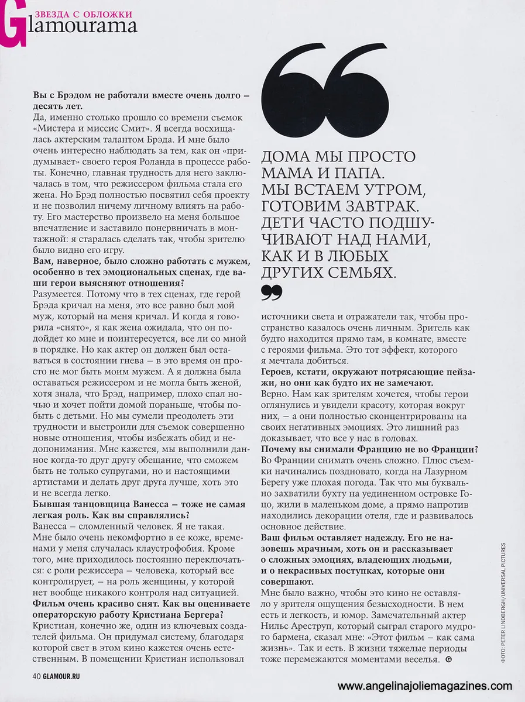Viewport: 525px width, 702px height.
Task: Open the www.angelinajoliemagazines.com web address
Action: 425,686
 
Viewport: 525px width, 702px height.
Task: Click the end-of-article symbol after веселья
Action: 448,660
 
